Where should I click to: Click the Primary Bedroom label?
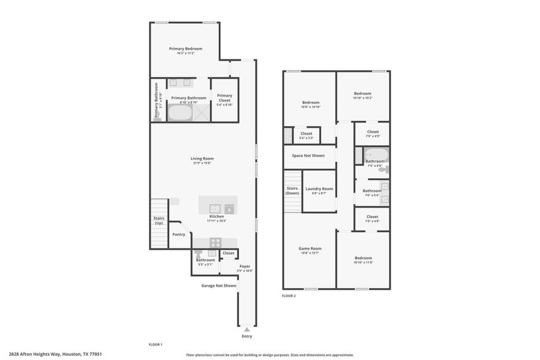pos(185,49)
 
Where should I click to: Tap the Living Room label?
pos(203,158)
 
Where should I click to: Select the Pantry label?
pos(179,234)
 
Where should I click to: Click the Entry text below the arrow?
pos(247,336)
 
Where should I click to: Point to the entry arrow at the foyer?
pos(247,329)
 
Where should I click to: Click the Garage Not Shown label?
pos(218,286)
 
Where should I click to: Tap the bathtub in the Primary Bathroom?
pos(179,112)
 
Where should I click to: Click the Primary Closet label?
pos(224,95)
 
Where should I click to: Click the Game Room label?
pos(310,248)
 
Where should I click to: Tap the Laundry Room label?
pos(319,189)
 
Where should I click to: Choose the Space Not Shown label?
pos(308,155)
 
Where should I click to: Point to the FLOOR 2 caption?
pos(289,296)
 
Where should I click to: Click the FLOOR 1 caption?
pos(155,344)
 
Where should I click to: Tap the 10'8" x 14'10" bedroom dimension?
pos(311,107)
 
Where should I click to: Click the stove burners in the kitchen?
pos(215,242)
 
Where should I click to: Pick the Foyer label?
pos(245,266)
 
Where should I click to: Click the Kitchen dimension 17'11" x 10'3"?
pos(217,221)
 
